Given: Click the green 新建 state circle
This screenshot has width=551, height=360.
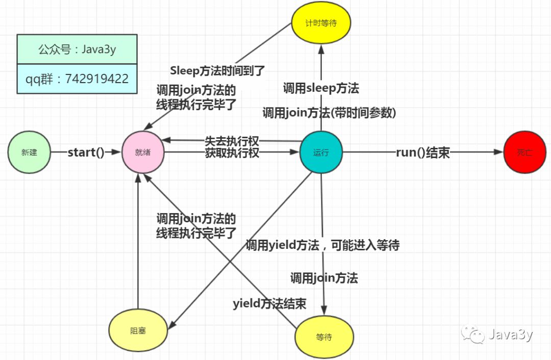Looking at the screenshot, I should pyautogui.click(x=30, y=152).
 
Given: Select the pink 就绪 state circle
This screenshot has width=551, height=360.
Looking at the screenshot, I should pyautogui.click(x=143, y=152).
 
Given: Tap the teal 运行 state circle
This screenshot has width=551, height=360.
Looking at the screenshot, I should pyautogui.click(x=321, y=152).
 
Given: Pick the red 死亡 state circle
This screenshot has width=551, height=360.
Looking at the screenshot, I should pyautogui.click(x=524, y=152).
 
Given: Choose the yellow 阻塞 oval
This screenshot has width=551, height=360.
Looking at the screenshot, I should pyautogui.click(x=138, y=331).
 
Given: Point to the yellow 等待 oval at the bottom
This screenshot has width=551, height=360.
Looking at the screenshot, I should pyautogui.click(x=324, y=337).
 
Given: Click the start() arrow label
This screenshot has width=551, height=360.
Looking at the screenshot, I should pyautogui.click(x=86, y=152).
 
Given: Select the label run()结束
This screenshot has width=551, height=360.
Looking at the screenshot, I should pyautogui.click(x=423, y=152).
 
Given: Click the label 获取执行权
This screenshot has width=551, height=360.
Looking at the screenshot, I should pyautogui.click(x=232, y=153).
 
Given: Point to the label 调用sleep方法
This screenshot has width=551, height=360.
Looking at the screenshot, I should pyautogui.click(x=321, y=88).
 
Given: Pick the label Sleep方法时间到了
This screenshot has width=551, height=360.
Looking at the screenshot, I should pyautogui.click(x=218, y=70).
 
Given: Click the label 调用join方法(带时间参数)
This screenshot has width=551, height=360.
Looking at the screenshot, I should pyautogui.click(x=329, y=113).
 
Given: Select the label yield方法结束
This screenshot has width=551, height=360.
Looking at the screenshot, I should pyautogui.click(x=269, y=304).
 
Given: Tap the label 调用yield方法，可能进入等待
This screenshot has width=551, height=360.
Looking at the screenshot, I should pyautogui.click(x=322, y=245).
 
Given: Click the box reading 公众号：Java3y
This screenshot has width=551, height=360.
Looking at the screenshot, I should pyautogui.click(x=77, y=49).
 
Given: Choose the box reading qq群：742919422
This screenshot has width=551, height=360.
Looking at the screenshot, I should pyautogui.click(x=77, y=79).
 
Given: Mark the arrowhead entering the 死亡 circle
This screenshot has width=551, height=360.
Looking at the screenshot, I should pyautogui.click(x=499, y=152).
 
